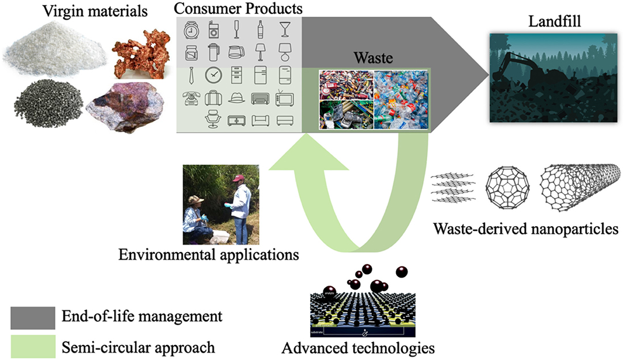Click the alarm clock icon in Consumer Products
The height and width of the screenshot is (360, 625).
click(191, 31)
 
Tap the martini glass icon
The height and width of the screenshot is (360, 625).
click(285, 29)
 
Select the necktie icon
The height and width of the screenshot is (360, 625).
click(191, 75)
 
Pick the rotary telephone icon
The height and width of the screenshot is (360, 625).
click(191, 98)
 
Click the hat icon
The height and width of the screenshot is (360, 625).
click(236, 98)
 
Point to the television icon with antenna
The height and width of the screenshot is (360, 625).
click(285, 97)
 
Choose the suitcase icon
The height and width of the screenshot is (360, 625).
click(213, 97)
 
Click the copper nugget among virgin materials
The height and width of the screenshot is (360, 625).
click(135, 54)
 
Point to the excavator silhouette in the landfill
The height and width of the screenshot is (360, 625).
click(518, 72)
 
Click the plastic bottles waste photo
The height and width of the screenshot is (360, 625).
click(401, 100)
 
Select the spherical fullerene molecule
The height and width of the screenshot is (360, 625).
click(507, 187)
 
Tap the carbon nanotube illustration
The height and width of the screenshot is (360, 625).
click(580, 187)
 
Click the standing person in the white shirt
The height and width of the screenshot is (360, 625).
click(240, 209)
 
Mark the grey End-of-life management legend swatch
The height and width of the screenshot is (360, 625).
click(33, 318)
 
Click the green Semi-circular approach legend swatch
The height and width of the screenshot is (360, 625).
click(33, 346)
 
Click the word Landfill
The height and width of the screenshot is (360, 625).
click(555, 21)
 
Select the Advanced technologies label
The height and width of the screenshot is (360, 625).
click(358, 348)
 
